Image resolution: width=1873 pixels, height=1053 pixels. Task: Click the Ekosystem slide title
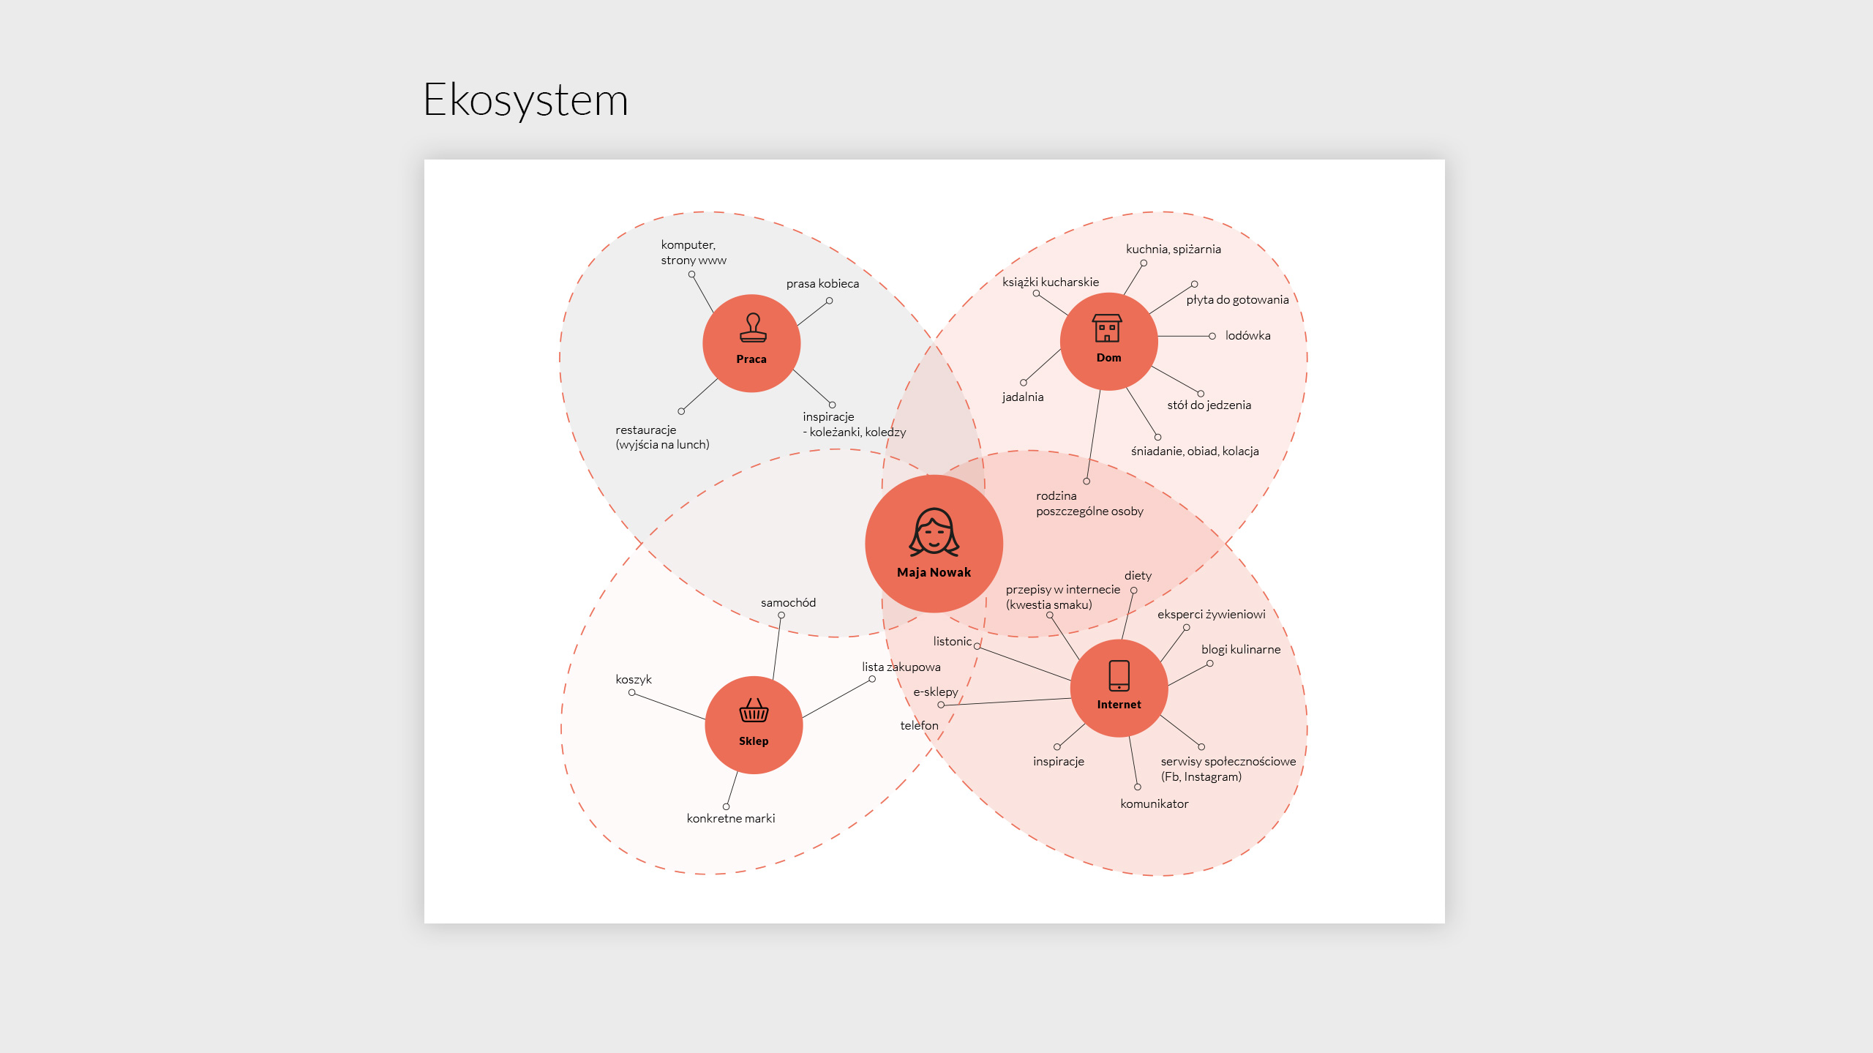525,100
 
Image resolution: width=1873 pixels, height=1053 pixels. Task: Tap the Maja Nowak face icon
934,532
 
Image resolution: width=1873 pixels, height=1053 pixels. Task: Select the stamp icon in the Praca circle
753,328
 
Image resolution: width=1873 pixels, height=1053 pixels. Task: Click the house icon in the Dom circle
1107,328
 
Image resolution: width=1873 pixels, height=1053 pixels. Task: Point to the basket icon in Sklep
754,711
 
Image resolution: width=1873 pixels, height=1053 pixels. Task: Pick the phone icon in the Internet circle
1119,675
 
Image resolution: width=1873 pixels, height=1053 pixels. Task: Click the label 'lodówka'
1247,336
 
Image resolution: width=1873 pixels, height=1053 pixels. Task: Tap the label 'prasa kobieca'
822,284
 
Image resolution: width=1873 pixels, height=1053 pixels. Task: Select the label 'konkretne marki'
730,819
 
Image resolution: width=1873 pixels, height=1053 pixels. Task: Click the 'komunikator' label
1154,804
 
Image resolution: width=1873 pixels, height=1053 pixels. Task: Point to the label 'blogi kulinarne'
1240,650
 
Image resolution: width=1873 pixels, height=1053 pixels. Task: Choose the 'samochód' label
788,603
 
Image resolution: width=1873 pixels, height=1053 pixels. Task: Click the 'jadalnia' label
1022,397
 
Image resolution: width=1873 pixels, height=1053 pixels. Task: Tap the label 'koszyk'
633,680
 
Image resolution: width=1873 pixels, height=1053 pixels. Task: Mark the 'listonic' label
952,642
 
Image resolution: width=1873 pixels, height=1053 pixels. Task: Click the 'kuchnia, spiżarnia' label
1173,250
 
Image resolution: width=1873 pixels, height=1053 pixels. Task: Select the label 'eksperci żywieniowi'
1211,615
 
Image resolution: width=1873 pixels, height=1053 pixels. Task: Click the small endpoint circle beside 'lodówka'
1212,337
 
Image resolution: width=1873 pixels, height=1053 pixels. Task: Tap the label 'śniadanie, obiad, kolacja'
1194,451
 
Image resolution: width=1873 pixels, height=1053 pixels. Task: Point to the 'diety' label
1138,576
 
